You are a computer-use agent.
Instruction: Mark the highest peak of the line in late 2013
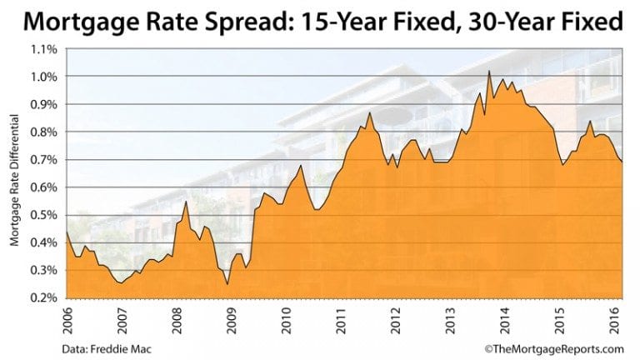(x=488, y=72)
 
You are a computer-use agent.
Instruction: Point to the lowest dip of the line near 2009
(x=227, y=284)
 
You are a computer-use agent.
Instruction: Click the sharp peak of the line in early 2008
(x=185, y=202)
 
